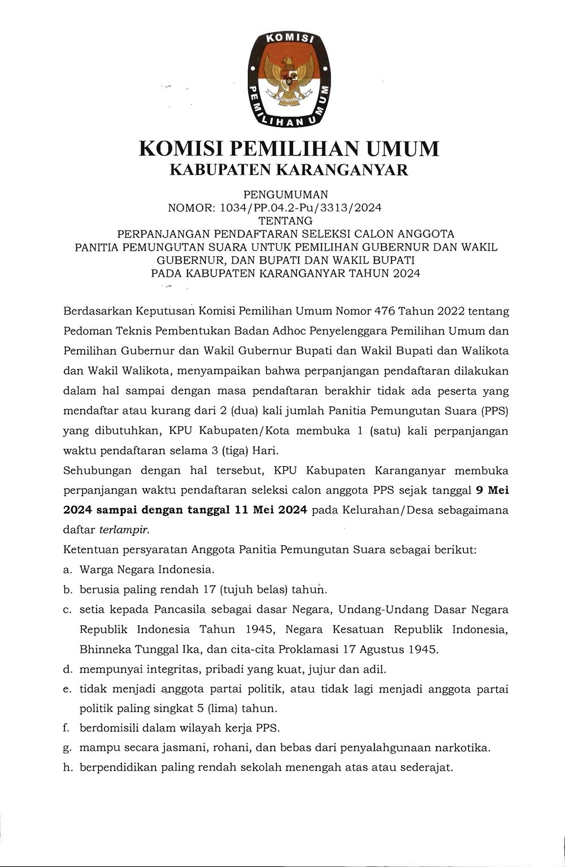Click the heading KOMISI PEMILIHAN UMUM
click(x=289, y=149)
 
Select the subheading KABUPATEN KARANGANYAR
click(x=289, y=170)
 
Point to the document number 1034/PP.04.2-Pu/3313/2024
click(x=301, y=208)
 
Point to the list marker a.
click(x=67, y=570)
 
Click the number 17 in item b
click(x=210, y=589)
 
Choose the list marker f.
click(x=67, y=728)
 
